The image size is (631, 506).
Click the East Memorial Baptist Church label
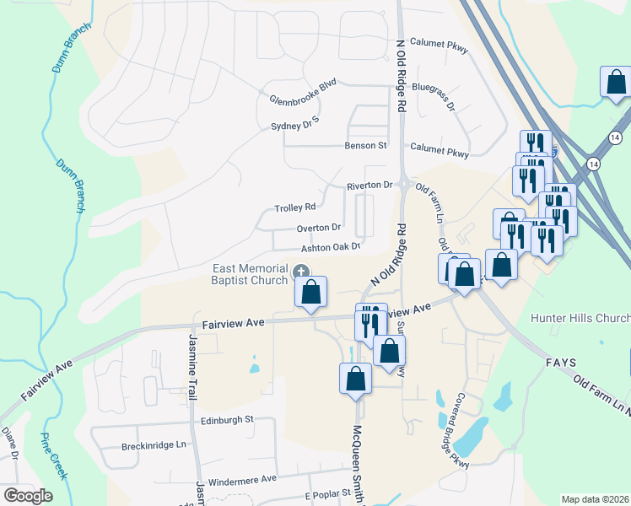(x=250, y=274)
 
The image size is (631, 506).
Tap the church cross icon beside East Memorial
(x=300, y=272)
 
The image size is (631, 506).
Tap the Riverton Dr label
(x=369, y=186)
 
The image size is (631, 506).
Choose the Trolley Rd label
(x=294, y=207)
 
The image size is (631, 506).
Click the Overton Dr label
(x=318, y=228)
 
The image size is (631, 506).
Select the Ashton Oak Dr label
(x=332, y=247)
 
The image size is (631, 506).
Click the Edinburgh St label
(x=227, y=419)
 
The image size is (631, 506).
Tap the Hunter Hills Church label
(x=580, y=318)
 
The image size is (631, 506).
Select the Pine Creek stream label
(x=53, y=456)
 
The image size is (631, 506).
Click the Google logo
(x=28, y=496)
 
